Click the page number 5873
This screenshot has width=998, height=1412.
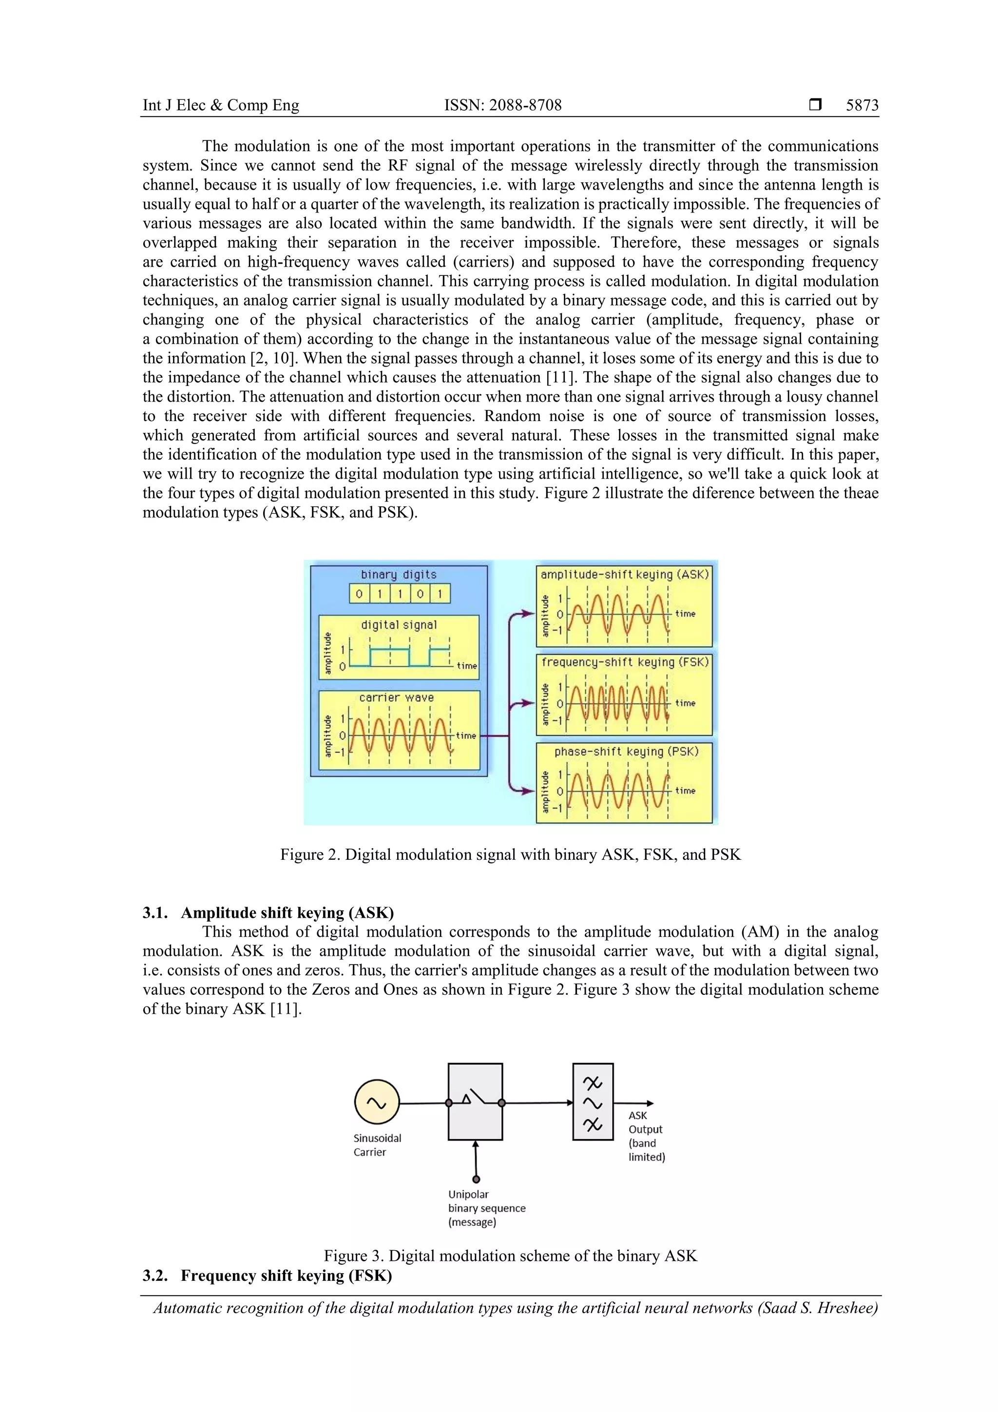click(x=862, y=105)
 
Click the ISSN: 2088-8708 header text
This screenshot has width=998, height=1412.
click(x=502, y=105)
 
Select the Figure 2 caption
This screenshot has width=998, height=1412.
click(x=510, y=854)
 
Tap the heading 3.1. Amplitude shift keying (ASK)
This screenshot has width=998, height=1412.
click(x=268, y=912)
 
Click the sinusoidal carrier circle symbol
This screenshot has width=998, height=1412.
click(x=377, y=1103)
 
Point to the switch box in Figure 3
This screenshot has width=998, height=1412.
click(x=475, y=1102)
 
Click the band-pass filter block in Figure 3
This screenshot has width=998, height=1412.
click(x=592, y=1102)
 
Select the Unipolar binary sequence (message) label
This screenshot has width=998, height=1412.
click(x=486, y=1208)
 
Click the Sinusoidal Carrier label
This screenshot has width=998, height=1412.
click(x=377, y=1145)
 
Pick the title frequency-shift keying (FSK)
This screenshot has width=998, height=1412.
click(x=625, y=662)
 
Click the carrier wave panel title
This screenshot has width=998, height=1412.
click(x=397, y=697)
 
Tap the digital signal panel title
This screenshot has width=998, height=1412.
click(x=399, y=625)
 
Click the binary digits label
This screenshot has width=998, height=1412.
click(x=399, y=574)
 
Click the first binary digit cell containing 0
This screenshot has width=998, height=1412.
click(x=359, y=594)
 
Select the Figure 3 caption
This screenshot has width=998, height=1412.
click(x=510, y=1256)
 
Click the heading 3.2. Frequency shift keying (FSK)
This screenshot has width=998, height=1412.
click(x=267, y=1276)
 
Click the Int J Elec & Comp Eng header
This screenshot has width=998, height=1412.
click(x=221, y=105)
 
